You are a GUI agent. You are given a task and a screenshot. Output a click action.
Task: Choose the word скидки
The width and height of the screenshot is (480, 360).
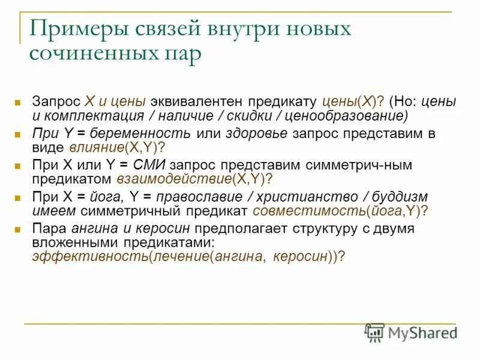tap(231, 116)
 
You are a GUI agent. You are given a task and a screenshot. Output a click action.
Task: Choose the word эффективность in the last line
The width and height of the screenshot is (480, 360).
tap(77, 256)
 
